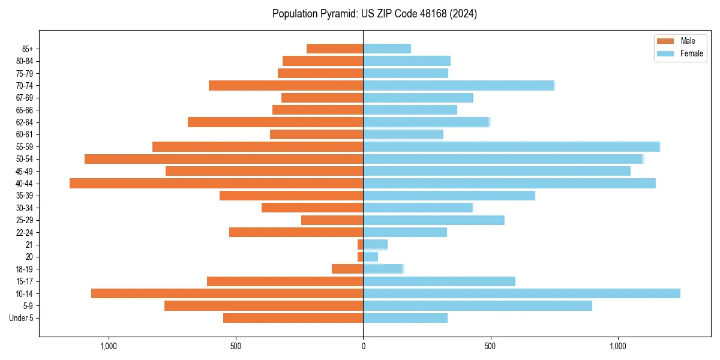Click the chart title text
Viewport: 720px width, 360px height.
click(x=374, y=14)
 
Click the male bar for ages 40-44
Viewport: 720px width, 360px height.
click(x=216, y=184)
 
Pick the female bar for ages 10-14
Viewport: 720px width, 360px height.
click(x=521, y=293)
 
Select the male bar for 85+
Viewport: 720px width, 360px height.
click(x=335, y=49)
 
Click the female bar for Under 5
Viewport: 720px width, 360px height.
click(x=405, y=318)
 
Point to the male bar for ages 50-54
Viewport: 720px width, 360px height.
click(x=224, y=159)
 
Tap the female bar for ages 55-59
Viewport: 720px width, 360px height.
click(x=511, y=146)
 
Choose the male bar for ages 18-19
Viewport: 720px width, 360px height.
click(x=347, y=269)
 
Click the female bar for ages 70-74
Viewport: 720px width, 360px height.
click(x=458, y=85)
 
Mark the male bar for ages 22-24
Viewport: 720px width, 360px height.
click(x=296, y=232)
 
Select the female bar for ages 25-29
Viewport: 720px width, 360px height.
click(x=434, y=220)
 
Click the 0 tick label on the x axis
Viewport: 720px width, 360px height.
click(x=363, y=346)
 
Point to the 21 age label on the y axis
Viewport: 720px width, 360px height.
click(x=29, y=245)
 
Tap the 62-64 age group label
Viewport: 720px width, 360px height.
click(x=25, y=122)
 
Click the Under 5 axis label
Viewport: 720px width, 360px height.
click(x=22, y=318)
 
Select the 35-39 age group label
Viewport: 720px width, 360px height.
click(x=25, y=196)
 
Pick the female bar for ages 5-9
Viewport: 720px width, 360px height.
click(x=478, y=305)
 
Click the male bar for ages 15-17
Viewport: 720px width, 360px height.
click(x=285, y=281)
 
